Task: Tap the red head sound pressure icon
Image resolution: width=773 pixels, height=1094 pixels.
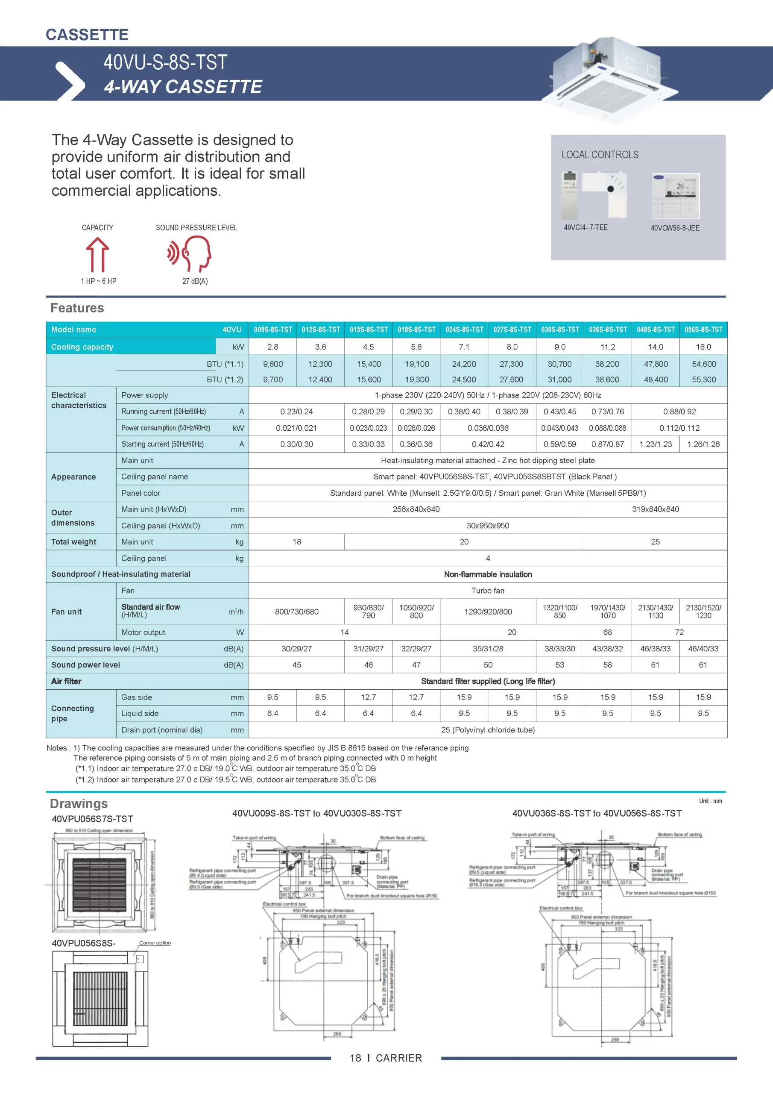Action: [190, 254]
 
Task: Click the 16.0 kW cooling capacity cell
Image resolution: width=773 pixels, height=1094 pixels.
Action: [703, 347]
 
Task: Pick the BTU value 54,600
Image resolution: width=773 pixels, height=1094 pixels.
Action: [703, 364]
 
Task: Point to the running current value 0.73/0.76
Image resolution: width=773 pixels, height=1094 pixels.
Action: [607, 412]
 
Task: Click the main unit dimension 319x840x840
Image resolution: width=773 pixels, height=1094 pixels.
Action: [656, 509]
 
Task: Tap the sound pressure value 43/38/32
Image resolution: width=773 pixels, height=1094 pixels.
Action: [607, 648]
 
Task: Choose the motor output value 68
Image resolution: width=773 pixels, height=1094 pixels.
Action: [607, 632]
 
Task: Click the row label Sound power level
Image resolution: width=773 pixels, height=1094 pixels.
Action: [86, 665]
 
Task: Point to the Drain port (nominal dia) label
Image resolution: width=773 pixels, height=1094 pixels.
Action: [162, 730]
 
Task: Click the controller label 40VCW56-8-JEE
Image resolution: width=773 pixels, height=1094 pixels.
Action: [675, 228]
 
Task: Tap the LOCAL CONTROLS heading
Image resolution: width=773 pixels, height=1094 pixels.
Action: [600, 155]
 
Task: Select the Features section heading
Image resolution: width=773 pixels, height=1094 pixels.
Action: [77, 308]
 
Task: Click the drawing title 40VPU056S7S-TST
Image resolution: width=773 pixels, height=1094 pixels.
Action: [92, 819]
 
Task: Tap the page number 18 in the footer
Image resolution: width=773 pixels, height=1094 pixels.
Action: [355, 1058]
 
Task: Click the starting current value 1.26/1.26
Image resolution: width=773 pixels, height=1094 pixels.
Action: [703, 444]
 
